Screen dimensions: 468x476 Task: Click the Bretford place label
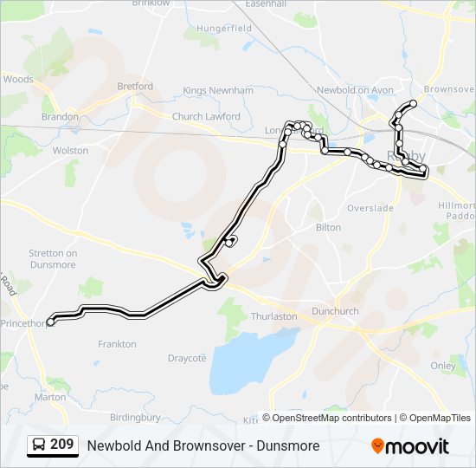click(135, 87)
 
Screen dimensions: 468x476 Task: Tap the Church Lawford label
click(206, 116)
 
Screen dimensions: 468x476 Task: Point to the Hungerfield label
click(223, 29)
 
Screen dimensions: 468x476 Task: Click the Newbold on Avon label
click(355, 90)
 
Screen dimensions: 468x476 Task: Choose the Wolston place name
click(71, 151)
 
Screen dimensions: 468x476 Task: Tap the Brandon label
click(60, 116)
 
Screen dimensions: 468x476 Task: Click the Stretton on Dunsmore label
click(53, 259)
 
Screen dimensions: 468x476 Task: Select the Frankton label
click(117, 344)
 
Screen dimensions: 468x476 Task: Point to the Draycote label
click(187, 358)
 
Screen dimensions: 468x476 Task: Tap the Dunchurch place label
click(335, 310)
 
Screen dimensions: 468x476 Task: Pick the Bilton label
click(328, 228)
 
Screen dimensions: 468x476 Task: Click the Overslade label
click(370, 208)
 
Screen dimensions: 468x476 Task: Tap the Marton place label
click(50, 397)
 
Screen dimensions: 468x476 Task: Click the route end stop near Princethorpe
click(50, 322)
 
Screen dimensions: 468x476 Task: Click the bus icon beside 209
click(40, 445)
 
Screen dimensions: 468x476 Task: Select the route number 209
click(61, 445)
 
